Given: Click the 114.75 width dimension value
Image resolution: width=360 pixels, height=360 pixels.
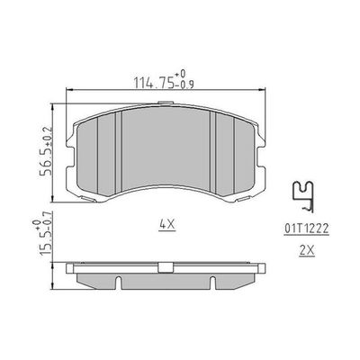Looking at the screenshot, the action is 154,83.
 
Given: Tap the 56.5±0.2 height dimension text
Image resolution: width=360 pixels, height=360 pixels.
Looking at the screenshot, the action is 47,151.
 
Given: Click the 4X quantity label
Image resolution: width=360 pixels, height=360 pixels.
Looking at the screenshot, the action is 167,225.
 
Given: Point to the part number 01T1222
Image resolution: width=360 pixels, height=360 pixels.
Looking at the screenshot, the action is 306,229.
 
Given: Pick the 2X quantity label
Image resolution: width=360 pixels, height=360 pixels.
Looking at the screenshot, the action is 307,251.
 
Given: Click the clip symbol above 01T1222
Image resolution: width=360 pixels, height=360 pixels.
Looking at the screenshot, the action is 303,197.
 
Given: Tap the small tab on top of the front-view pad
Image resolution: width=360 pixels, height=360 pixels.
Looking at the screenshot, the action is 165,103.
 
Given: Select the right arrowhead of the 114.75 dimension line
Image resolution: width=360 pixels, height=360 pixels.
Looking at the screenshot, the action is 262,89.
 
